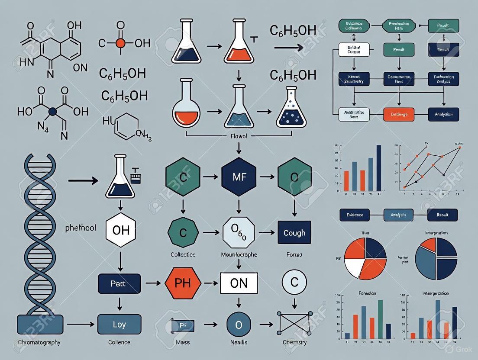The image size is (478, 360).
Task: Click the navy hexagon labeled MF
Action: click(239, 177)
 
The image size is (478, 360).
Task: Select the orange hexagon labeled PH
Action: click(184, 283)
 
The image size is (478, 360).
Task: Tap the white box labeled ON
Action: click(239, 283)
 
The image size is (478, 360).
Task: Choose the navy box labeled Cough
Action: click(294, 233)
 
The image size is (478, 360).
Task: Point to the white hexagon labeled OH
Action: click(121, 230)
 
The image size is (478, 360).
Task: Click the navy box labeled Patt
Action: click(119, 284)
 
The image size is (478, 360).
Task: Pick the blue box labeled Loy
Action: click(119, 325)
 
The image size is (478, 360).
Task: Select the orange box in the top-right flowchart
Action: click(399, 114)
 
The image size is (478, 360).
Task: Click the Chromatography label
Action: click(39, 342)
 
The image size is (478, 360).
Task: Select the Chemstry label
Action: click(294, 342)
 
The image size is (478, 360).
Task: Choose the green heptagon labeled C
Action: click(183, 233)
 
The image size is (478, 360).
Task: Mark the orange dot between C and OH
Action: click(120, 43)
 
